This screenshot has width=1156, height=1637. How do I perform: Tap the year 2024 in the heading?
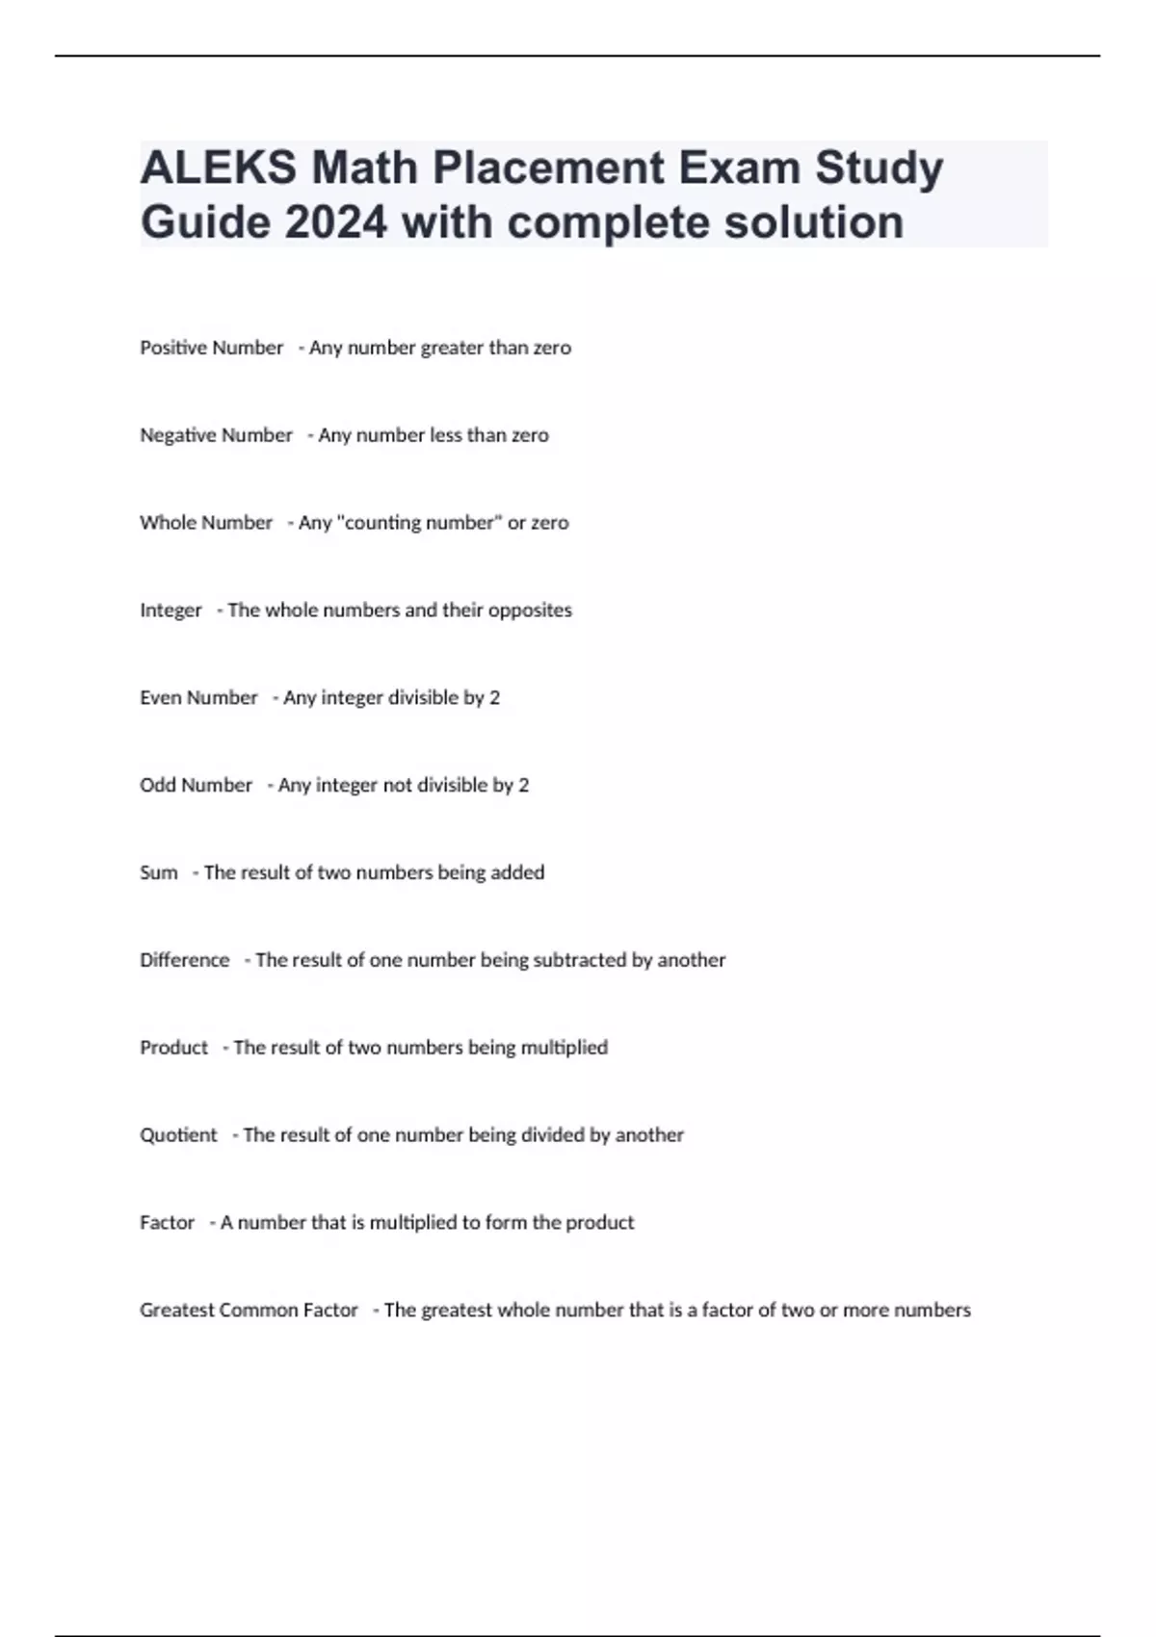tap(336, 222)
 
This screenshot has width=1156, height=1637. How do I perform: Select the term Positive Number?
tap(212, 348)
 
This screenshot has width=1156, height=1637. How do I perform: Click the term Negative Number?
tap(216, 435)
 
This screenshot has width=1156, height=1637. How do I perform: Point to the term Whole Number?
tap(206, 523)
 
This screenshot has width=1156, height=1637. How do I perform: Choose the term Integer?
tap(171, 611)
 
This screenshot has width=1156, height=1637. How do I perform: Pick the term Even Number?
tap(198, 698)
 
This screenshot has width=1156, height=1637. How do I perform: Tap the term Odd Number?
tap(196, 786)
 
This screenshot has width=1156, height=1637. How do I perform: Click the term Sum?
tap(159, 873)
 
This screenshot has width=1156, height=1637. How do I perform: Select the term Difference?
tap(185, 960)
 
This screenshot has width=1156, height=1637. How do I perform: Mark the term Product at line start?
tap(173, 1048)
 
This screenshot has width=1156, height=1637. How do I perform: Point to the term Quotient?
tap(178, 1135)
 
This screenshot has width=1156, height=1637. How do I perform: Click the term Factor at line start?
tap(167, 1223)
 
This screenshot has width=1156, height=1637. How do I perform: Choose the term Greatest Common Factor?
tap(249, 1311)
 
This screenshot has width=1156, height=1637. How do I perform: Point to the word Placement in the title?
tap(548, 169)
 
